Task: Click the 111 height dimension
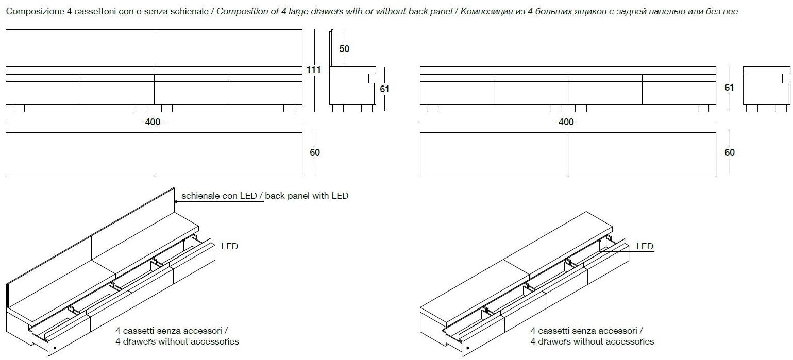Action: (x=313, y=70)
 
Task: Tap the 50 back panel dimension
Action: (x=344, y=48)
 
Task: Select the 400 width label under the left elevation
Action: (x=153, y=122)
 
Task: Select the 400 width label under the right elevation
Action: (x=566, y=122)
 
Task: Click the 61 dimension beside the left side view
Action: (x=384, y=89)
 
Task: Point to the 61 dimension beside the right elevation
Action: (x=729, y=88)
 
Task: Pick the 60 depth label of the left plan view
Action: (x=315, y=152)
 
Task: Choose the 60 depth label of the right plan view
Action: (x=730, y=152)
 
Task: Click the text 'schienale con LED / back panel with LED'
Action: (x=265, y=196)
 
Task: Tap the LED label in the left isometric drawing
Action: (x=229, y=246)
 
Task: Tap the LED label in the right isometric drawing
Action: (x=645, y=246)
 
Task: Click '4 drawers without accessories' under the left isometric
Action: (x=177, y=341)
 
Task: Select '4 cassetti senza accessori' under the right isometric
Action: (x=586, y=331)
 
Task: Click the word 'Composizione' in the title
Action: (x=36, y=12)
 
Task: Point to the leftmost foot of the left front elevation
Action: (x=19, y=108)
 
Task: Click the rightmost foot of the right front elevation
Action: (x=703, y=108)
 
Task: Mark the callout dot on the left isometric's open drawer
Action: (x=54, y=348)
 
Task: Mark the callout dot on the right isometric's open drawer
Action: (x=468, y=348)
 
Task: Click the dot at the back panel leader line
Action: (x=176, y=201)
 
